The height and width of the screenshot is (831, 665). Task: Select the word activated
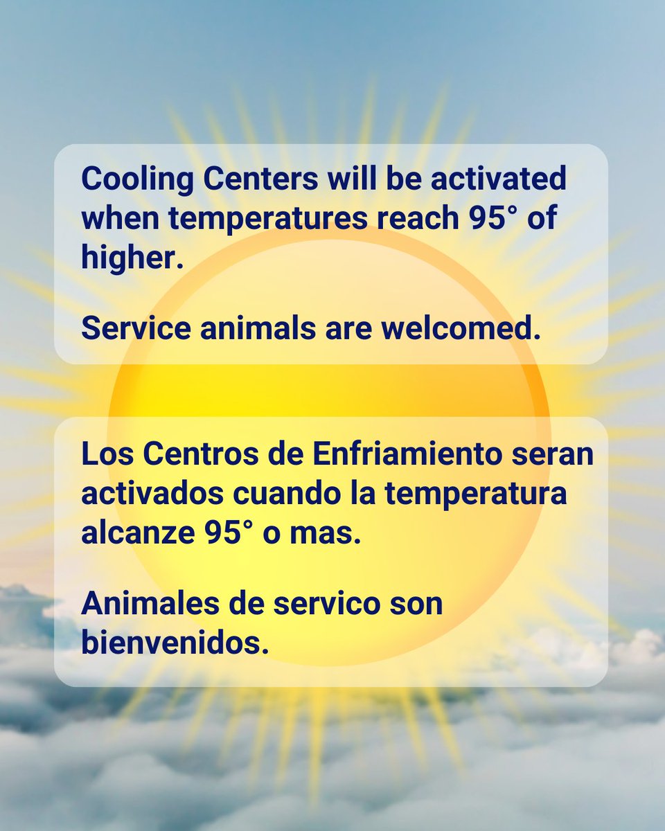[x=498, y=180]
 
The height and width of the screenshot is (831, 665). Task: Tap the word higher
[x=131, y=258]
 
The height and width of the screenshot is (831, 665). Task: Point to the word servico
[x=314, y=604]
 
